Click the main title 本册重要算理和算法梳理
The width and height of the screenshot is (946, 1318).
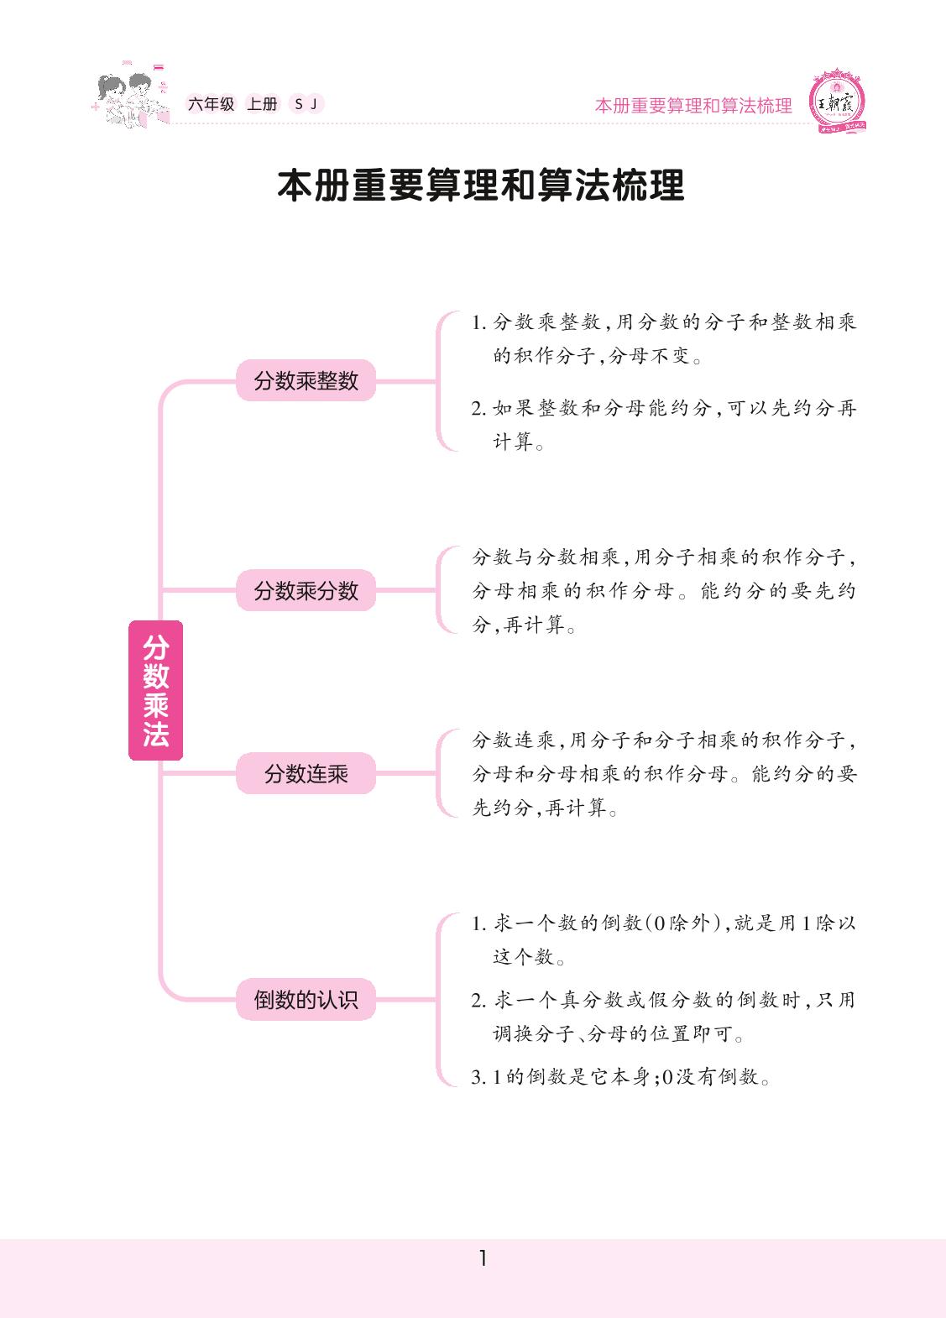(480, 186)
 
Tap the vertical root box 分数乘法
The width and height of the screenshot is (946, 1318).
(155, 690)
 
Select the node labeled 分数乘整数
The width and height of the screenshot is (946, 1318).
(306, 381)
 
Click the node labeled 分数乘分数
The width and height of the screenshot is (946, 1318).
(306, 591)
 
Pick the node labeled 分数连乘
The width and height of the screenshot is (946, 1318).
(306, 774)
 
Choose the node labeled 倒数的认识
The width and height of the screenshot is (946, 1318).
(306, 1000)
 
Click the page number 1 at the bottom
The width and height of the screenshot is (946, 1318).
(482, 1258)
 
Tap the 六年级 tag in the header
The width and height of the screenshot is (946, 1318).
(211, 104)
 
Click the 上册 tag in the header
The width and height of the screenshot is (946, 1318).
(262, 104)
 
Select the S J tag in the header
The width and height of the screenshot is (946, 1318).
(306, 104)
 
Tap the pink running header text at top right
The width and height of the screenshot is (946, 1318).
(693, 106)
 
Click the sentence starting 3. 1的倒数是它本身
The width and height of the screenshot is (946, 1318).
(621, 1077)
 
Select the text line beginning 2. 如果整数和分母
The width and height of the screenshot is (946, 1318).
(663, 409)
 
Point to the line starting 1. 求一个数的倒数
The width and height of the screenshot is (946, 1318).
(663, 923)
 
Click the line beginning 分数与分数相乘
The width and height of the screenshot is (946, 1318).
(663, 557)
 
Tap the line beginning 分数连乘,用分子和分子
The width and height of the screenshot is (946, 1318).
(663, 740)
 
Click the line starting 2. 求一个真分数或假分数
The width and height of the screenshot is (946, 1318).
(663, 1000)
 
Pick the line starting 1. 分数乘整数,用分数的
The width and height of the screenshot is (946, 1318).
(663, 322)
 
